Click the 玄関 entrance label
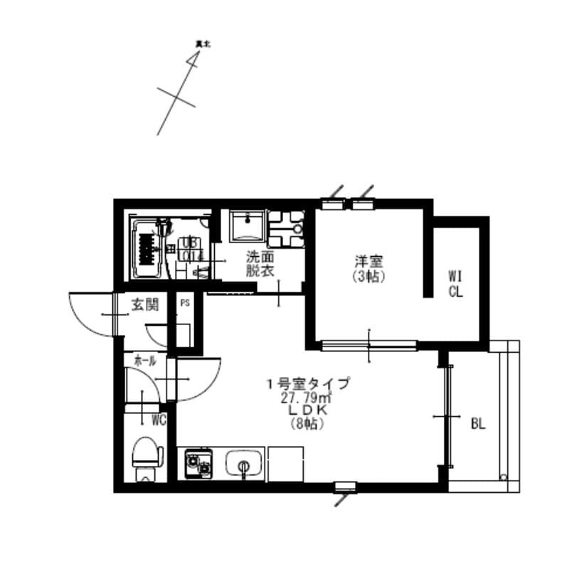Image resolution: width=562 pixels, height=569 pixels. pos(144,305)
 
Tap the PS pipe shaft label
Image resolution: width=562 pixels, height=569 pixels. pos(185,302)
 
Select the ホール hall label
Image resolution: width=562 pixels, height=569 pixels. pos(145,361)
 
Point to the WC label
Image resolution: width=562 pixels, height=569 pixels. pos(158,420)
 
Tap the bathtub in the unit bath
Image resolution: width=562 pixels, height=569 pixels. pos(147,249)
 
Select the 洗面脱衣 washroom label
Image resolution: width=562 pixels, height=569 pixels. pos(260,263)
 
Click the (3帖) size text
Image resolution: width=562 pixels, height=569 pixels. pos(369,277)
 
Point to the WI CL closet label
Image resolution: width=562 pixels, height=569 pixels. pos(455,282)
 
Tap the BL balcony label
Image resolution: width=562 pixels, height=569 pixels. pos(478,425)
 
